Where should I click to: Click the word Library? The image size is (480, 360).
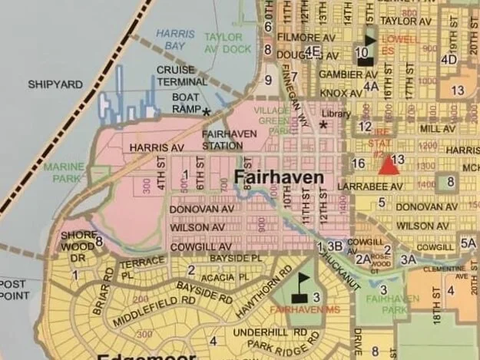(x=336, y=114)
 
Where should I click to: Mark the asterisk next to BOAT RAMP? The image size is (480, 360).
(x=206, y=112)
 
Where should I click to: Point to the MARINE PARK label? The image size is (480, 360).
(x=63, y=173)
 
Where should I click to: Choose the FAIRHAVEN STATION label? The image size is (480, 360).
(x=223, y=139)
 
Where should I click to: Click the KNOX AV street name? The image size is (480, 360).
(x=339, y=92)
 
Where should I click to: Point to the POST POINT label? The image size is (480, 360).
(x=13, y=289)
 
